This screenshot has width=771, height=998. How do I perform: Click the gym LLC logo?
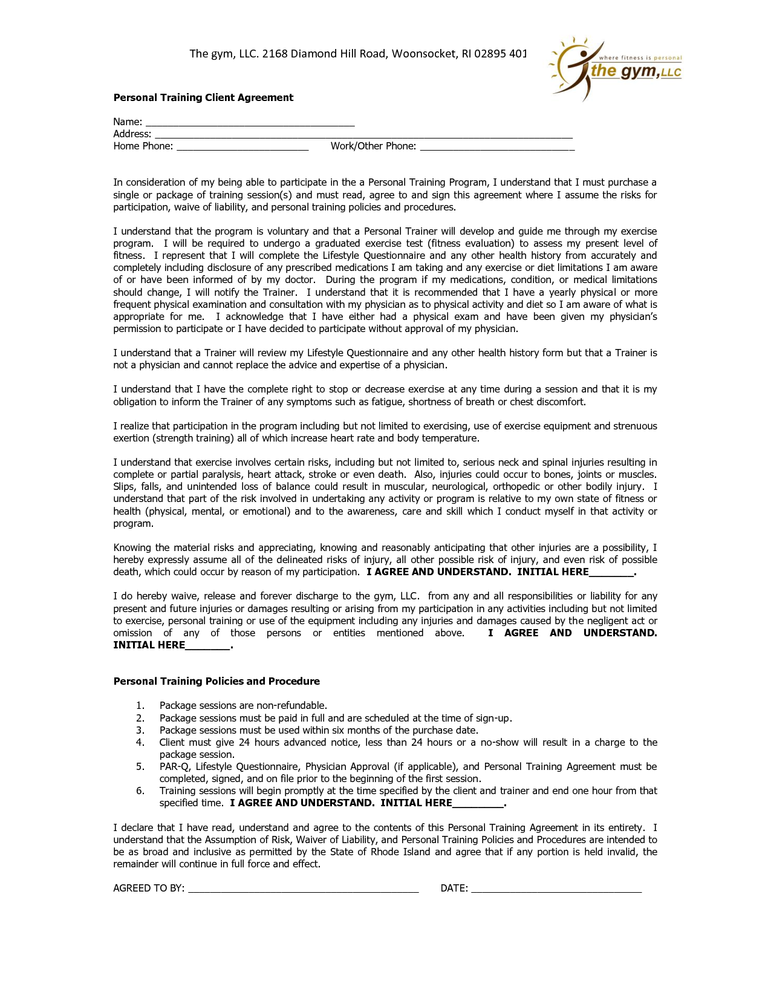tap(615, 68)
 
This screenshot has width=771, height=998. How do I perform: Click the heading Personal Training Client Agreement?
tap(203, 98)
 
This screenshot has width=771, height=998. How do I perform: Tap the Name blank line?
tap(250, 123)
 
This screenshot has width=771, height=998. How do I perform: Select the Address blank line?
tap(363, 135)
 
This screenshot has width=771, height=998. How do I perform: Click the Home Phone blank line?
tap(242, 147)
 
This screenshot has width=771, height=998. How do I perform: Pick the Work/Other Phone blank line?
tap(497, 147)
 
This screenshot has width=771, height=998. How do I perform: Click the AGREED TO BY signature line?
tap(303, 889)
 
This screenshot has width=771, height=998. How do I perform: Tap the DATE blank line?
tap(556, 889)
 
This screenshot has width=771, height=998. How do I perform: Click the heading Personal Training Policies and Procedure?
tap(216, 682)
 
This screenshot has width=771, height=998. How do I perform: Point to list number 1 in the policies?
tap(140, 706)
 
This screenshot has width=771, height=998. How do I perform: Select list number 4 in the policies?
tap(140, 743)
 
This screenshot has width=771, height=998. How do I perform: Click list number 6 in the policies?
tap(140, 791)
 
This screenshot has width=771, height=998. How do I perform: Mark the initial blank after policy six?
tap(478, 804)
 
